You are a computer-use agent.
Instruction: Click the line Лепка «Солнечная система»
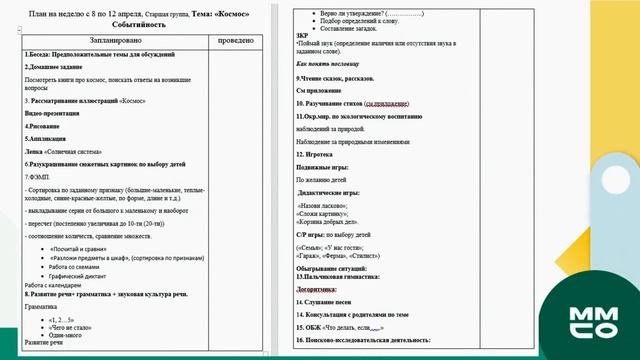pos(63,151)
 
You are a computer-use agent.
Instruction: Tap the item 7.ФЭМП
pos(36,176)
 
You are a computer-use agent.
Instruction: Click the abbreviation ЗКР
pos(302,38)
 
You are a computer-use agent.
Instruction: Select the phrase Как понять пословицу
pos(335,63)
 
